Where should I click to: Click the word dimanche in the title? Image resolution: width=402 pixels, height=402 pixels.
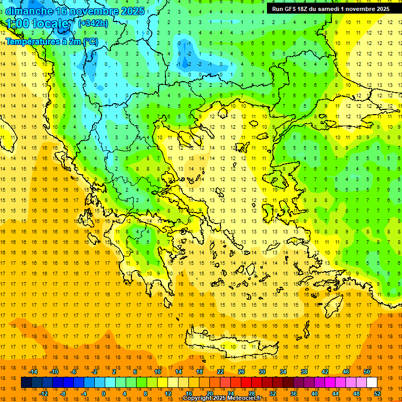(x=29, y=11)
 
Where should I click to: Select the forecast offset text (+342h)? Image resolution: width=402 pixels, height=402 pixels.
(x=93, y=24)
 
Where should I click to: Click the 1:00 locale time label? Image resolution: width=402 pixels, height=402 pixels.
(x=37, y=24)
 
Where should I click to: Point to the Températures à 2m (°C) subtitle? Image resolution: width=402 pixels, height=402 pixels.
(x=52, y=41)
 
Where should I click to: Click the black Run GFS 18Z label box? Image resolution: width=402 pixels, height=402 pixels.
(x=330, y=9)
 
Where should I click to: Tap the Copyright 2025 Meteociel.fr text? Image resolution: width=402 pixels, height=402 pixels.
(x=222, y=398)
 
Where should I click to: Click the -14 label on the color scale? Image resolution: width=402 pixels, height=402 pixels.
(x=33, y=372)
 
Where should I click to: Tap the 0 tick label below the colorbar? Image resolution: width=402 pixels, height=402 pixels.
(x=103, y=394)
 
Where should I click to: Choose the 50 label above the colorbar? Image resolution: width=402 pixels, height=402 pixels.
(x=366, y=372)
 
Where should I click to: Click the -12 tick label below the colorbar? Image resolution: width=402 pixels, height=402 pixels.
(x=43, y=394)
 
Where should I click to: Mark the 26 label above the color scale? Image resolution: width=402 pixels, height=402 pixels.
(x=241, y=372)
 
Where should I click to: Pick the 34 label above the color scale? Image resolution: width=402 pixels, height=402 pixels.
(x=283, y=372)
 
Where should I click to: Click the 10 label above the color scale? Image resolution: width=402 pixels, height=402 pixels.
(x=157, y=372)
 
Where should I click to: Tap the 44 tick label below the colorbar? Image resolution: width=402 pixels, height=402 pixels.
(x=336, y=394)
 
